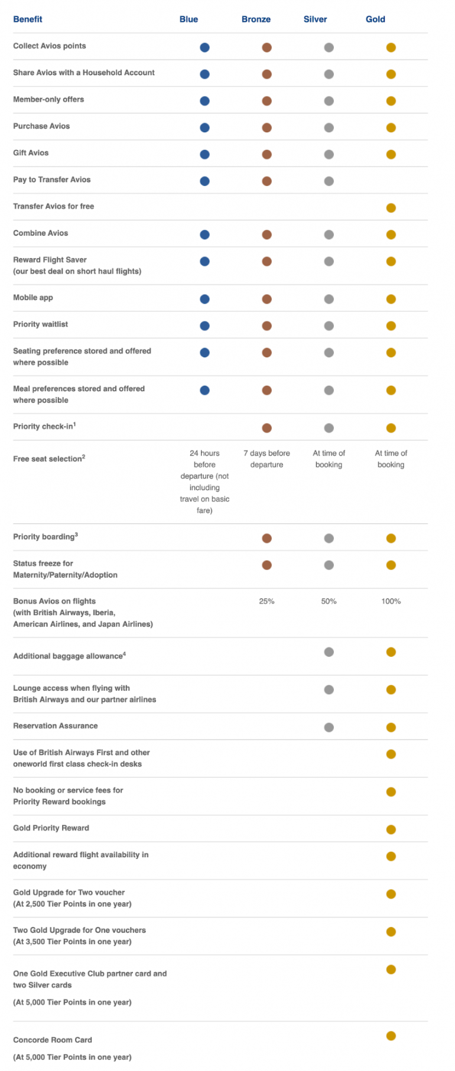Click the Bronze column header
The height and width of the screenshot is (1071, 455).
click(256, 19)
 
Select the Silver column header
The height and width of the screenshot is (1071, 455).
click(315, 19)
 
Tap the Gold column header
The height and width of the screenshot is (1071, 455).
click(375, 19)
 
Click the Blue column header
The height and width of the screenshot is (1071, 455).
click(188, 19)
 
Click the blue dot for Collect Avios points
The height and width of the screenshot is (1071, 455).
click(204, 47)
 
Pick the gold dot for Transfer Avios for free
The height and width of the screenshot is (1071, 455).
click(391, 208)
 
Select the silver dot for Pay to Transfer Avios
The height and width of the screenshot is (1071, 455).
click(329, 181)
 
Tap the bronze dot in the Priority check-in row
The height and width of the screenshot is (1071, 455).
click(266, 428)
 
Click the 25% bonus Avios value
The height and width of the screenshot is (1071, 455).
click(266, 601)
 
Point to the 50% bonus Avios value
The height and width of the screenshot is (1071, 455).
click(329, 601)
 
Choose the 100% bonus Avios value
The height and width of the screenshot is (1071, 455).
click(391, 601)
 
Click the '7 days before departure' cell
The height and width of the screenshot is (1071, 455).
click(266, 459)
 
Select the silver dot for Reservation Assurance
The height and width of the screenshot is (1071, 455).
click(329, 727)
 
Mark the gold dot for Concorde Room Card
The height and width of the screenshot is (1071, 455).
click(391, 1036)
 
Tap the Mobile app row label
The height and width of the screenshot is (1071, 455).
click(33, 298)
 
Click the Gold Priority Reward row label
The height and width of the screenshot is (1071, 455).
click(51, 828)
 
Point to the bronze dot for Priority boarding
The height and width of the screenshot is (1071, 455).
click(266, 538)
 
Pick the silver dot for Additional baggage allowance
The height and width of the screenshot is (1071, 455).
click(329, 652)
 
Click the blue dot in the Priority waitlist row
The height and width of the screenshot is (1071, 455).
click(204, 325)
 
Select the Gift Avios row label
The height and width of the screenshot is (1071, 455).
click(31, 153)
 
